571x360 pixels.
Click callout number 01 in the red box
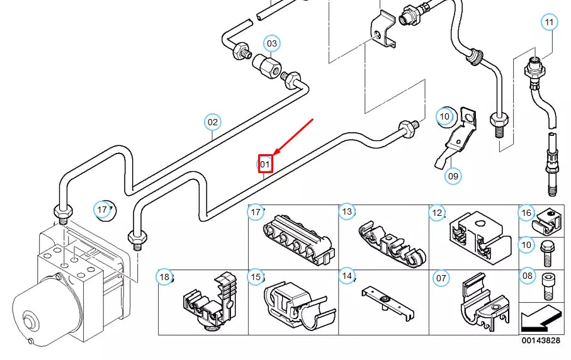pyautogui.click(x=265, y=164)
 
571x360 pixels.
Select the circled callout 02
pyautogui.click(x=213, y=122)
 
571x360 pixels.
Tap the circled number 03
pyautogui.click(x=271, y=43)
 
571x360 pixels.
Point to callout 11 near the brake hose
pyautogui.click(x=550, y=23)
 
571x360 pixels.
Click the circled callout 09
pyautogui.click(x=453, y=176)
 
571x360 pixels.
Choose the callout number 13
pyautogui.click(x=347, y=212)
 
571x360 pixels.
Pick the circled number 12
pyautogui.click(x=438, y=213)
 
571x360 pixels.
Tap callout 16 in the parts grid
pyautogui.click(x=527, y=213)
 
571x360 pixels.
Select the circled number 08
pyautogui.click(x=527, y=275)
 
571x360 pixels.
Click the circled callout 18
pyautogui.click(x=164, y=276)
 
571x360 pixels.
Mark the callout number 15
pyautogui.click(x=256, y=276)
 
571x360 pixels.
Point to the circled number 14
pyautogui.click(x=347, y=275)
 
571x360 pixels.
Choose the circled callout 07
pyautogui.click(x=441, y=276)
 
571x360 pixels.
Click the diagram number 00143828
pyautogui.click(x=541, y=340)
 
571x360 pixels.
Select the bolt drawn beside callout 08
pyautogui.click(x=546, y=290)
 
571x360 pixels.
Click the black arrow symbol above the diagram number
pyautogui.click(x=541, y=319)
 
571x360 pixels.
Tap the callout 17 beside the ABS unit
pyautogui.click(x=102, y=209)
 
